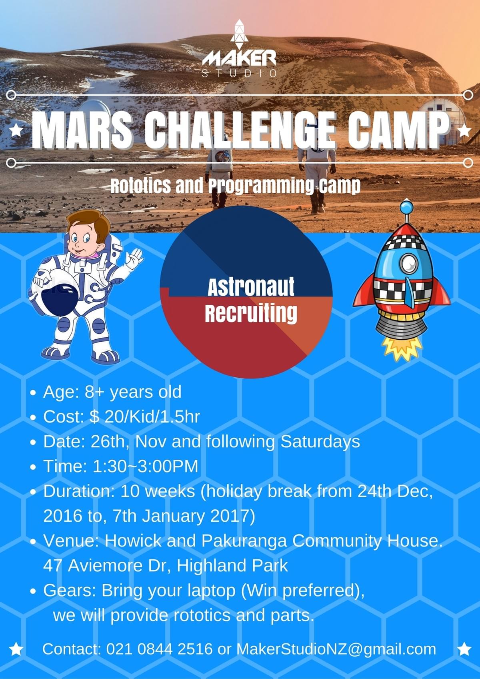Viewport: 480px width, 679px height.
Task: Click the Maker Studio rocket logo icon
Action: pyautogui.click(x=239, y=34)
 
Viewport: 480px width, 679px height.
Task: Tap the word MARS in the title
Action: pyautogui.click(x=82, y=129)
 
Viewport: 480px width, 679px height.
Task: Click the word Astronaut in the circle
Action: pyautogui.click(x=251, y=286)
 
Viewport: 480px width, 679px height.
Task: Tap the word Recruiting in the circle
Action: pyautogui.click(x=251, y=313)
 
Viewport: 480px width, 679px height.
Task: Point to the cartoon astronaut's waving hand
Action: pyautogui.click(x=134, y=258)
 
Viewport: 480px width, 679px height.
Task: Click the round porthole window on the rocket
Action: pyautogui.click(x=409, y=263)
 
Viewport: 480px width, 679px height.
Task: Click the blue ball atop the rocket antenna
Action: pyautogui.click(x=406, y=208)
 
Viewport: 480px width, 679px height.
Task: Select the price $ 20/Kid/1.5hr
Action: pyautogui.click(x=145, y=417)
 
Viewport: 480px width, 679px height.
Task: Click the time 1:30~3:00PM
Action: pyautogui.click(x=145, y=466)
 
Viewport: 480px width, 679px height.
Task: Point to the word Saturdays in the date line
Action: pyautogui.click(x=320, y=442)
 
